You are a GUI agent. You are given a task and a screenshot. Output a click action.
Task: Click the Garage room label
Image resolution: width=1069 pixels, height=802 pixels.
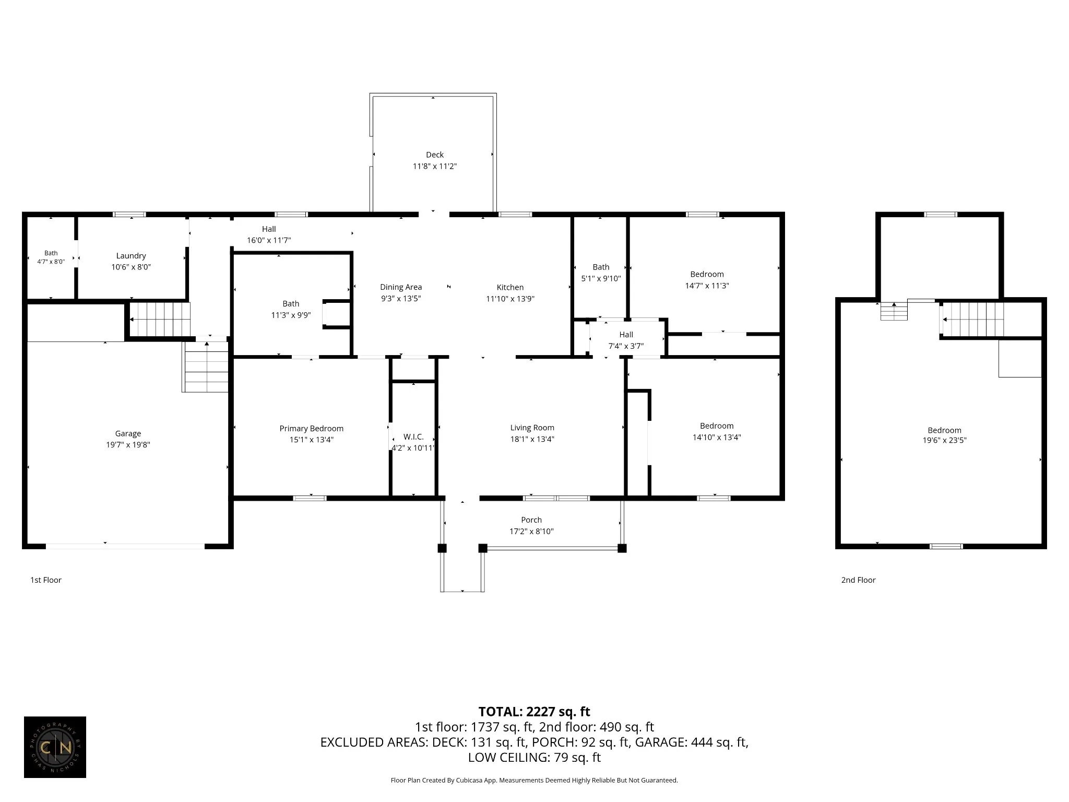pyautogui.click(x=128, y=433)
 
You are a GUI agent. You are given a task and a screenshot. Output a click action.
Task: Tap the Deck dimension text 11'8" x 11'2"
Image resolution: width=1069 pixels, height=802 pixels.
pyautogui.click(x=435, y=166)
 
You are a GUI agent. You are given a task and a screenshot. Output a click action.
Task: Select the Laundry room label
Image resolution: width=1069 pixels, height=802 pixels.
pyautogui.click(x=131, y=256)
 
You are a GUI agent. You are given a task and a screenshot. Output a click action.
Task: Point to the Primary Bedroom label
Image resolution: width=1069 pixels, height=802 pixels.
pyautogui.click(x=312, y=428)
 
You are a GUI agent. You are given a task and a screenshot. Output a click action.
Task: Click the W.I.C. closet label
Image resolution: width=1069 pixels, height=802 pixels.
pyautogui.click(x=413, y=437)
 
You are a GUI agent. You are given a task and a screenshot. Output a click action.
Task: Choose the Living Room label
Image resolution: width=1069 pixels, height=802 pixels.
pyautogui.click(x=532, y=428)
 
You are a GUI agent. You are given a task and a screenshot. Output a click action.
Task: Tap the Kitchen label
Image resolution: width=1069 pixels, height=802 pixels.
pyautogui.click(x=510, y=287)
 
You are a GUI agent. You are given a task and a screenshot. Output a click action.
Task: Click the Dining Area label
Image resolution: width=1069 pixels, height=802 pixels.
pyautogui.click(x=401, y=287)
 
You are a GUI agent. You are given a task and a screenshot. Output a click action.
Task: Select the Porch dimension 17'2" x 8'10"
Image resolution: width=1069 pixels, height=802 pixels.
pyautogui.click(x=531, y=532)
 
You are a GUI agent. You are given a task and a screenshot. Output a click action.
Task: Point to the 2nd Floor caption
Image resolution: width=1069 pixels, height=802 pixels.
pyautogui.click(x=858, y=580)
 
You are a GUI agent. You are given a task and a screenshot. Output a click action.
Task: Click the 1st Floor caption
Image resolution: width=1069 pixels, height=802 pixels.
pyautogui.click(x=46, y=580)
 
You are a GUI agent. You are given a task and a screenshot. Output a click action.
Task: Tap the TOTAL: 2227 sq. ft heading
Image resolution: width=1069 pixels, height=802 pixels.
pyautogui.click(x=534, y=712)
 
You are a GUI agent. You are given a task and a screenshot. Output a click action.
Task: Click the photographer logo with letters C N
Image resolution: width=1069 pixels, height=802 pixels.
pyautogui.click(x=55, y=747)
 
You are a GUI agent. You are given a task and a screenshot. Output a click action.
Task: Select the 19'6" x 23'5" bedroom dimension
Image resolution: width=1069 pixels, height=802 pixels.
pyautogui.click(x=944, y=440)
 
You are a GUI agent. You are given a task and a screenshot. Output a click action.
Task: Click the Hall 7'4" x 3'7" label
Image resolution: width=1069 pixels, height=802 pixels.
pyautogui.click(x=626, y=340)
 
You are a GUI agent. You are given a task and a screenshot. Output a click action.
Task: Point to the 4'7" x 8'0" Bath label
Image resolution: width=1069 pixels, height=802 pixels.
pyautogui.click(x=51, y=257)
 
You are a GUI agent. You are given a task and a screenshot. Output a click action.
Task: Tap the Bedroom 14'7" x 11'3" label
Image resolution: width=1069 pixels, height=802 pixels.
pyautogui.click(x=707, y=280)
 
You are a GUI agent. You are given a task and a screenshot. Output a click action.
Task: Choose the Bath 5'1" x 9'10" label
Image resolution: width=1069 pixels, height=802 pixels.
pyautogui.click(x=601, y=273)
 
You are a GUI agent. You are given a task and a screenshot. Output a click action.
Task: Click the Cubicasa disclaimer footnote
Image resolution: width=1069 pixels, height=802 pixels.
pyautogui.click(x=534, y=781)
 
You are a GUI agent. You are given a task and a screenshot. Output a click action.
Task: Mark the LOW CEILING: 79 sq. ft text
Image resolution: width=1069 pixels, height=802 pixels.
pyautogui.click(x=534, y=757)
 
